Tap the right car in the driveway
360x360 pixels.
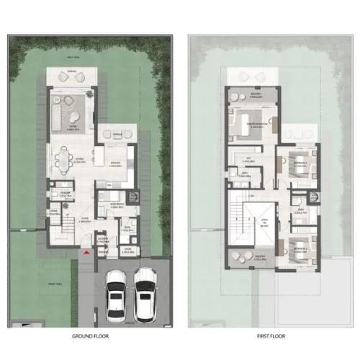coord(146,293)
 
